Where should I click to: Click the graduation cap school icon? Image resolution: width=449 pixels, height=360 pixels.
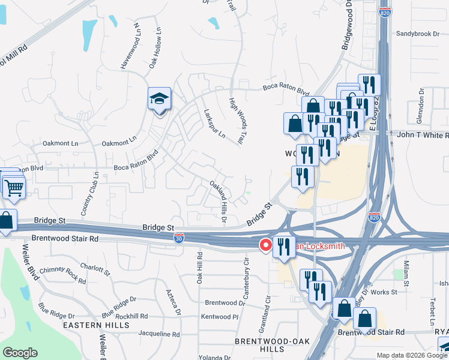[160, 98]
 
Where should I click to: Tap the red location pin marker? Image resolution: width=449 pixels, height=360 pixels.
[265, 245]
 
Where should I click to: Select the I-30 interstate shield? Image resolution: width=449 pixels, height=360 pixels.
[179, 238]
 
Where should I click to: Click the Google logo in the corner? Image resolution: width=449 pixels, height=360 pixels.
[20, 353]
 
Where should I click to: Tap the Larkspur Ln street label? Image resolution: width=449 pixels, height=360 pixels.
[214, 123]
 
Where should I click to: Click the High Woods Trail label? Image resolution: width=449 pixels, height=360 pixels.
[238, 121]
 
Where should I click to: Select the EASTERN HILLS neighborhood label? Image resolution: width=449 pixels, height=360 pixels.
[104, 325]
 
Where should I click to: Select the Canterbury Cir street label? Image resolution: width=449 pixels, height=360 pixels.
[246, 274]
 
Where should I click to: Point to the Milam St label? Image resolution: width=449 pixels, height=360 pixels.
[406, 274]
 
